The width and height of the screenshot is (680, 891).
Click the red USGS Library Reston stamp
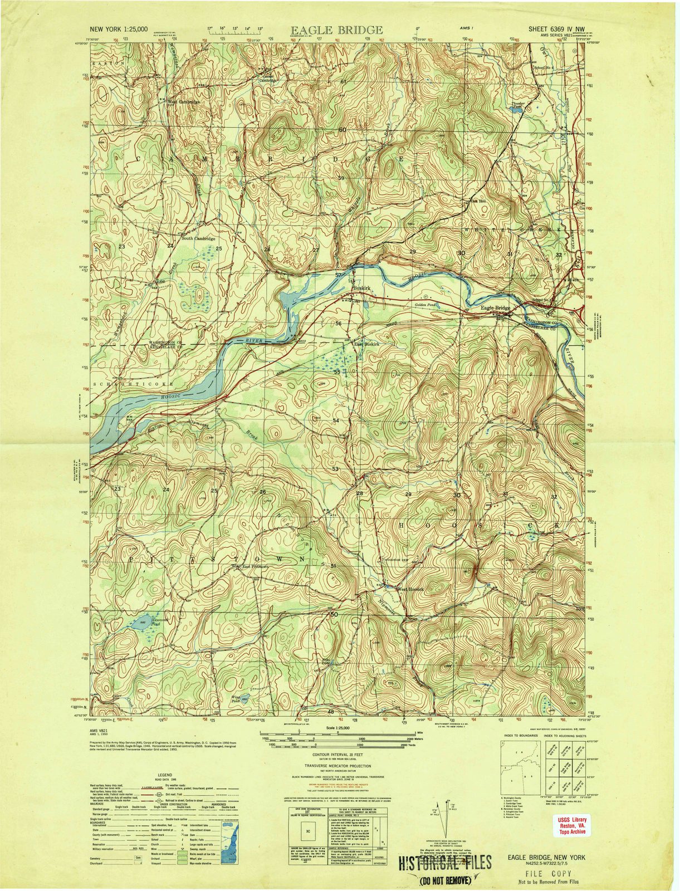(x=569, y=824)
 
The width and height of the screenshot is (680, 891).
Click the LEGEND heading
(x=164, y=775)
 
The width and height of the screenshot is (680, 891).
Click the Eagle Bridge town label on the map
(x=495, y=308)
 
